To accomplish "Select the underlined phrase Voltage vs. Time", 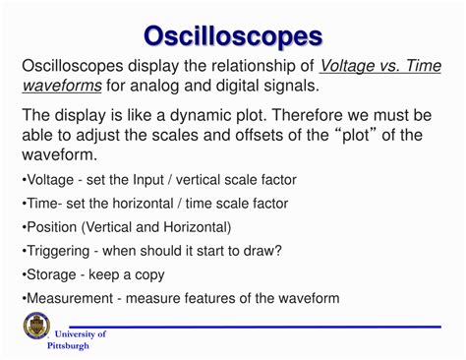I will (381, 66).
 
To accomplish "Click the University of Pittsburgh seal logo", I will (32, 330).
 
